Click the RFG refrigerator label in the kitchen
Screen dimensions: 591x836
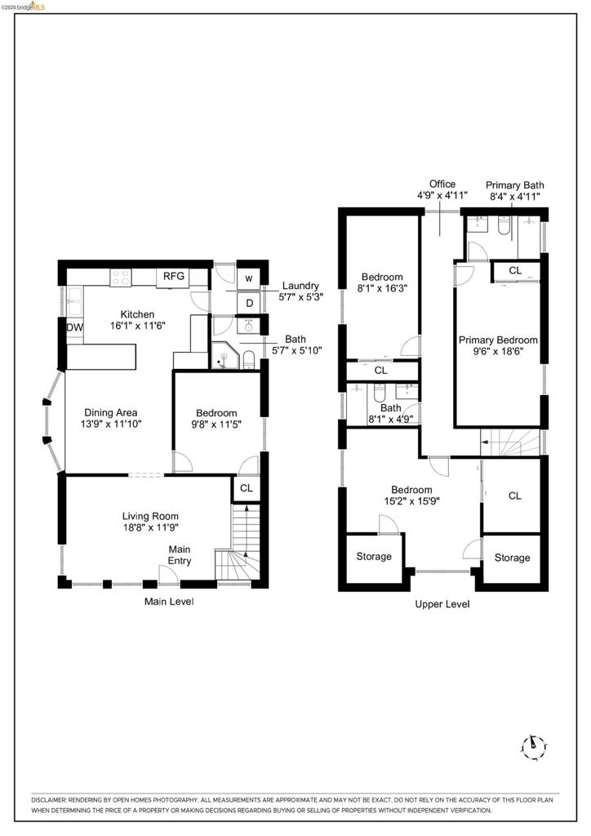point(174,276)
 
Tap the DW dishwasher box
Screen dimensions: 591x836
point(74,327)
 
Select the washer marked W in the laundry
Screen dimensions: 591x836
point(249,278)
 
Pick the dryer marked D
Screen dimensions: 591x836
point(249,304)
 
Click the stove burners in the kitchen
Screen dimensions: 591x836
point(121,278)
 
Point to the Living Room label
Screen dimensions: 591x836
point(150,516)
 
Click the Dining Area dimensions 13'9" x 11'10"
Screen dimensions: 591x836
point(111,425)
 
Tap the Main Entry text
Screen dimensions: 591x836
point(180,555)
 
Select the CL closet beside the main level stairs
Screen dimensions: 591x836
point(247,488)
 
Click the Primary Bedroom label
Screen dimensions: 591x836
point(498,340)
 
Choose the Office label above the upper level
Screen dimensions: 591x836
point(442,184)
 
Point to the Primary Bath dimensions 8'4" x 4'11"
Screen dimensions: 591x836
point(515,196)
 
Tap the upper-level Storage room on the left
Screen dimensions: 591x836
point(374,557)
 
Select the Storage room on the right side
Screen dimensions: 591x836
point(512,558)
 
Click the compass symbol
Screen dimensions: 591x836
point(533,746)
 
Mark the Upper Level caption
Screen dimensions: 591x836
point(442,604)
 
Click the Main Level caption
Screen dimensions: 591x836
point(169,602)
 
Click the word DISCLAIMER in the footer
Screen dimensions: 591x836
point(48,800)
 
